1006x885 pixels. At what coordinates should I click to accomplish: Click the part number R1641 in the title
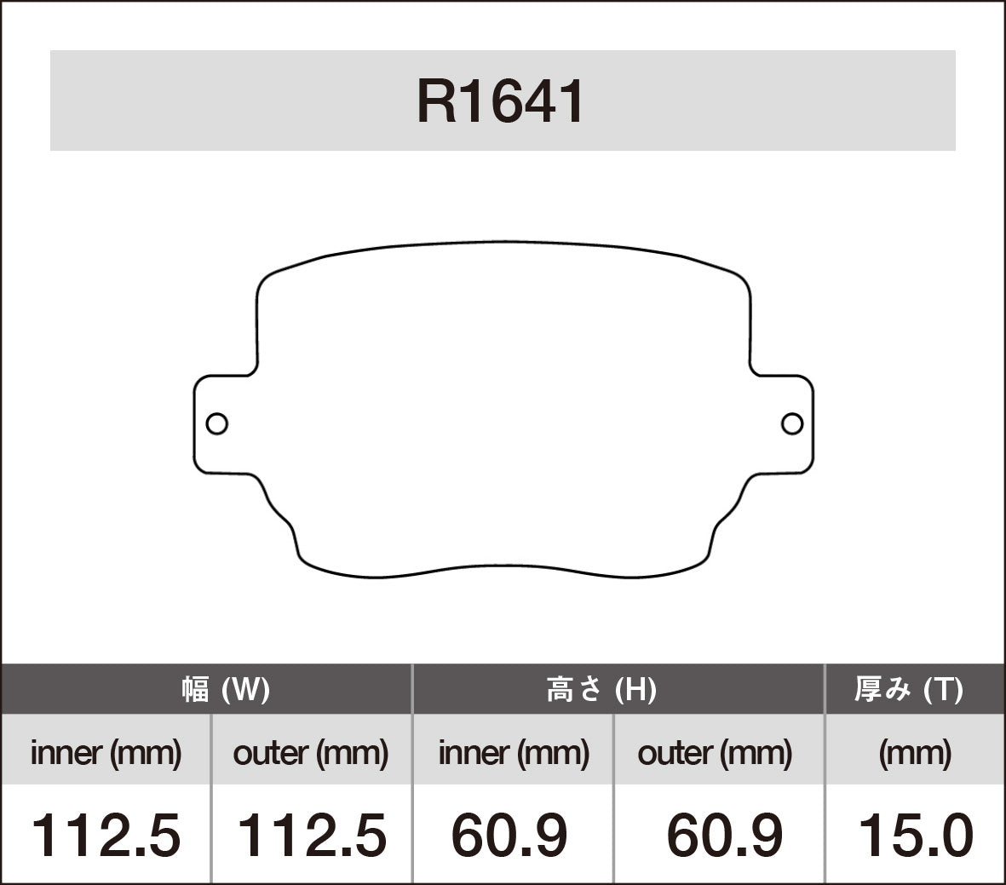(x=501, y=102)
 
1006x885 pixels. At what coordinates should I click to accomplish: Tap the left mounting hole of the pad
(x=217, y=423)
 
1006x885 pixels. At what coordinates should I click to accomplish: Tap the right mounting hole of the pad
(x=792, y=423)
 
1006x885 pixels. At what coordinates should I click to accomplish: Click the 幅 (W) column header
(x=226, y=689)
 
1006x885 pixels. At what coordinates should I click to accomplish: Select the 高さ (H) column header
(x=601, y=689)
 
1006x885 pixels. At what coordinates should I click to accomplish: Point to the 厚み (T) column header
(x=908, y=689)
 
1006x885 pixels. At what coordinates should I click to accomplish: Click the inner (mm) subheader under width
(x=106, y=753)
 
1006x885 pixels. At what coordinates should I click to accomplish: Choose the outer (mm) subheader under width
(x=310, y=753)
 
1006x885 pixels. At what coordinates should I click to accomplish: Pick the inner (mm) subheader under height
(x=514, y=753)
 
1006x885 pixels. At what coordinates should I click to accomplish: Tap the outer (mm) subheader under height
(x=715, y=753)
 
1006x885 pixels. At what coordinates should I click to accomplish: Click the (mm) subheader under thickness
(x=915, y=753)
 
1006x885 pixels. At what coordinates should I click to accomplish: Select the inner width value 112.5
(x=106, y=835)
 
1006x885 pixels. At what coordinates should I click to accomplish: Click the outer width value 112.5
(x=311, y=835)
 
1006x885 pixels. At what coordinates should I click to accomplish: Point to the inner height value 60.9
(x=509, y=835)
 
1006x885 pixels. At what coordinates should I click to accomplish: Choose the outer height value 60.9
(x=724, y=835)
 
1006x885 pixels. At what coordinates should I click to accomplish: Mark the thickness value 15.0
(x=916, y=835)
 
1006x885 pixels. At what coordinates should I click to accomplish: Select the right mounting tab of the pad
(x=782, y=423)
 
